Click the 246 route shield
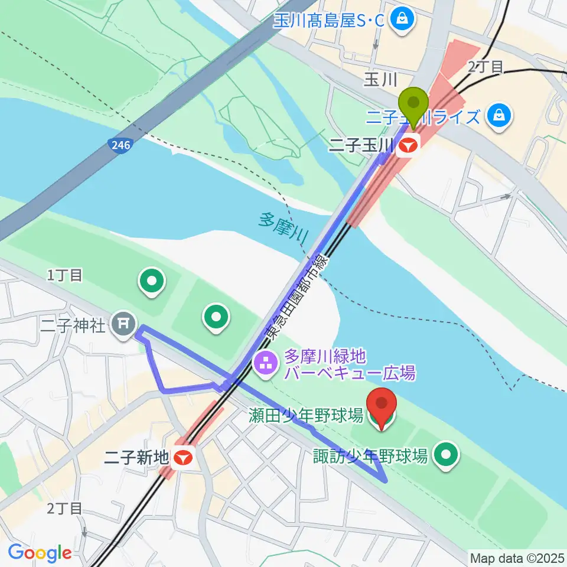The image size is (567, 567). [x=120, y=145]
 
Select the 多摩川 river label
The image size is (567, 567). [x=283, y=227]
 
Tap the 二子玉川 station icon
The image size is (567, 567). [x=408, y=144]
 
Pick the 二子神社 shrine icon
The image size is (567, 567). [x=124, y=323]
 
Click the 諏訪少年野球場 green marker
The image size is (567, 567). [x=447, y=455]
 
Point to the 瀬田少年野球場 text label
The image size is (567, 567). [x=305, y=416]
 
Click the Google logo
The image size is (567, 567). [x=40, y=553]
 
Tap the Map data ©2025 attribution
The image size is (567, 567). [x=516, y=558]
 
